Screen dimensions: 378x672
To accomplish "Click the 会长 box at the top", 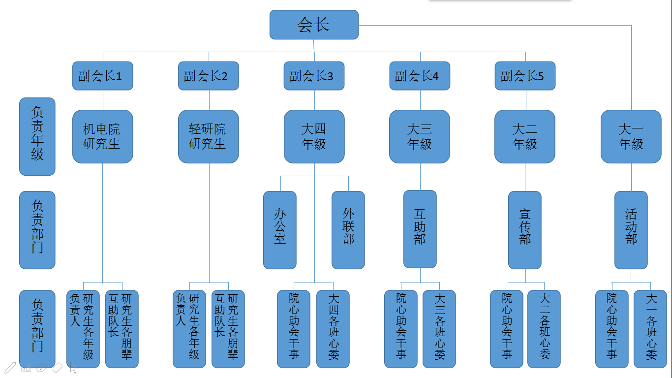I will (314, 25).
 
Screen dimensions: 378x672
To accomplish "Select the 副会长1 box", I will (102, 76).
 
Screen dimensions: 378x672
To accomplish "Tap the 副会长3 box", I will (314, 76).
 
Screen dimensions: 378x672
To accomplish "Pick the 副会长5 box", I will (525, 76).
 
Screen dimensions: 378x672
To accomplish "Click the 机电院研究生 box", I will (102, 136).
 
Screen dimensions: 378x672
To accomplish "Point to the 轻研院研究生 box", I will (208, 136).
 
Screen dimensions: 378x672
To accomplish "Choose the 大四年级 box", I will (314, 136).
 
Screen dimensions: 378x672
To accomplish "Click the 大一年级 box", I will (631, 136).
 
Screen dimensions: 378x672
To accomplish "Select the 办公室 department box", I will (280, 230).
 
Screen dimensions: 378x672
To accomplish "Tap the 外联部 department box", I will (348, 230).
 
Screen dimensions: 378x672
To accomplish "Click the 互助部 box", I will (420, 229).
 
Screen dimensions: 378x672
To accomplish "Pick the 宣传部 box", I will (525, 230).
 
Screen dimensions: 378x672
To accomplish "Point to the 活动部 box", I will (631, 230).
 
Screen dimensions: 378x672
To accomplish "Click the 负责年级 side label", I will (37, 136).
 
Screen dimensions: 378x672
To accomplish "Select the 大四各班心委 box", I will (333, 329).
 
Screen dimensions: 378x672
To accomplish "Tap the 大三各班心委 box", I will (439, 329).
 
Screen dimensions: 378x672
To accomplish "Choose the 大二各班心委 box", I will (544, 329).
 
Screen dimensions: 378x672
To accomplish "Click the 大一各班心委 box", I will (650, 329).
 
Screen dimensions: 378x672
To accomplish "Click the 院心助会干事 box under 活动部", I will (612, 329).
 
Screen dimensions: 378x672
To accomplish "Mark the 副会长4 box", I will (420, 76).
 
